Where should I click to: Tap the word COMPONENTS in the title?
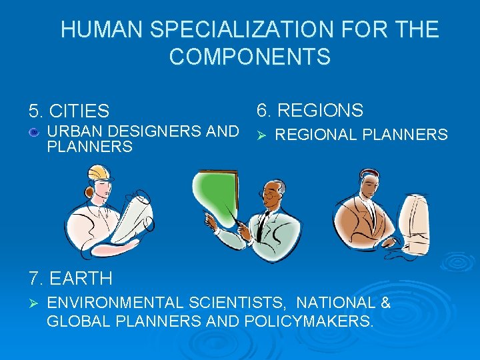coord(249,57)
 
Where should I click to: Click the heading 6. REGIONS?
coord(310,110)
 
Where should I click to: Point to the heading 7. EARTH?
coord(70,277)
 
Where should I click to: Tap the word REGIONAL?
coord(316,135)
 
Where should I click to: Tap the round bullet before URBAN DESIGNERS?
coord(33,133)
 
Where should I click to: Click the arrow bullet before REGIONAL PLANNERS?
coord(262,135)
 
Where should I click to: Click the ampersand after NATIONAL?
coord(385,303)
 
